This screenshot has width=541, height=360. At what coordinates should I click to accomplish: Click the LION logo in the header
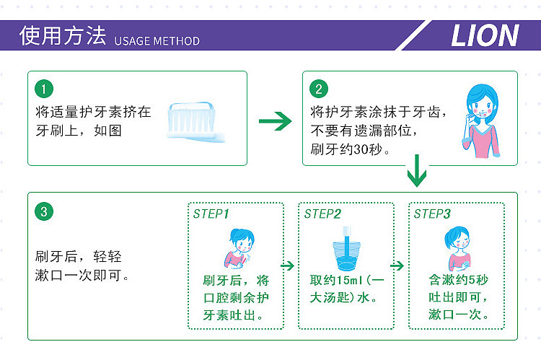(485, 35)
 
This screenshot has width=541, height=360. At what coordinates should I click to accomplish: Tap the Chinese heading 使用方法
(63, 36)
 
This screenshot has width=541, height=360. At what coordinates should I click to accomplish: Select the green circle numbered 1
(44, 89)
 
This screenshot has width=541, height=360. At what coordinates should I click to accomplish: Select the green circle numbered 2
(319, 89)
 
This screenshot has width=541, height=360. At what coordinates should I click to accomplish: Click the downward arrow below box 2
(417, 170)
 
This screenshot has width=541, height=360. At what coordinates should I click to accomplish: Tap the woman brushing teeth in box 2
(482, 119)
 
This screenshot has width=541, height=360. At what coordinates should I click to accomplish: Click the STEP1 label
(211, 214)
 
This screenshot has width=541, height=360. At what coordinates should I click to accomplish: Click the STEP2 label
(322, 214)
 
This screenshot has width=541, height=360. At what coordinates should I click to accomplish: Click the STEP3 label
(432, 214)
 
